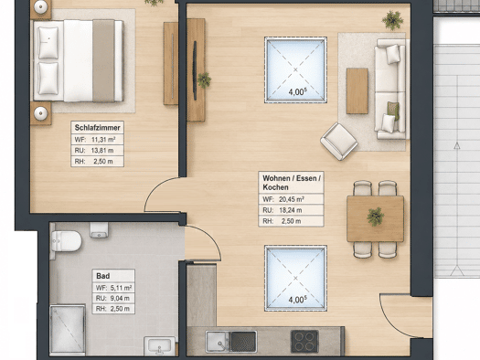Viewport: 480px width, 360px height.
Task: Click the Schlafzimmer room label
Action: click(97, 128)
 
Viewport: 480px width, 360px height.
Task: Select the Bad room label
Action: click(102, 276)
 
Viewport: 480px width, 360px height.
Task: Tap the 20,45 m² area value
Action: click(291, 199)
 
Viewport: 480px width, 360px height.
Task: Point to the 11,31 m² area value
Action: click(103, 140)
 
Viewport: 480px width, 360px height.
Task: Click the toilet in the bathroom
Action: click(66, 240)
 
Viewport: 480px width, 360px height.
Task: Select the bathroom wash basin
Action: click(159, 346)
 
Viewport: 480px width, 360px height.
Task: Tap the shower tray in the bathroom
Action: click(68, 329)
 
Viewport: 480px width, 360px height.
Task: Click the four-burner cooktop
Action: click(304, 342)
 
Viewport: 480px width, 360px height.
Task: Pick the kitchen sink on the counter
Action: click(231, 342)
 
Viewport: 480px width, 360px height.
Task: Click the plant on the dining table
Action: click(375, 217)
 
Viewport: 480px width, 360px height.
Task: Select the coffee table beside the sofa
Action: click(357, 90)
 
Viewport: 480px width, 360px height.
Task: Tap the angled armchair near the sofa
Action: click(339, 142)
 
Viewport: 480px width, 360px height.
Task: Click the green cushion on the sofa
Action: click(393, 111)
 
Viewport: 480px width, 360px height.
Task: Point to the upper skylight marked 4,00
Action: click(295, 69)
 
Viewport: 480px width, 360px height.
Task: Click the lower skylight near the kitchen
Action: click(295, 279)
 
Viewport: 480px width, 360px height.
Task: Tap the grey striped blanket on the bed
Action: click(103, 60)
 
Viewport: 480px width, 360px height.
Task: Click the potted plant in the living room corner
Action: click(392, 20)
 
